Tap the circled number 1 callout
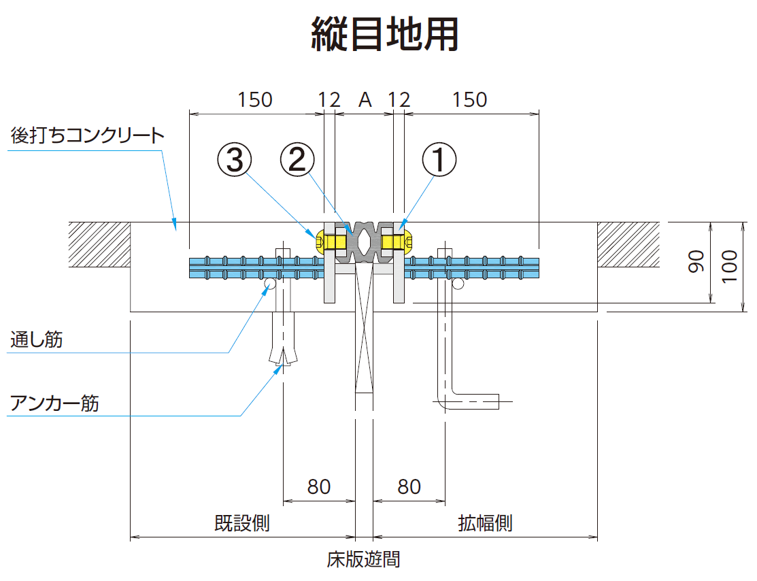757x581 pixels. point(439,160)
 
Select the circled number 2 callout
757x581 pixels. point(297,160)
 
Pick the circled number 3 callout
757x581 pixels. point(234,160)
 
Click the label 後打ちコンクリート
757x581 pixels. point(88,135)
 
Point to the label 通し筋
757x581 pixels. point(37,339)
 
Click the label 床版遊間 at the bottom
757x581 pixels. point(364,559)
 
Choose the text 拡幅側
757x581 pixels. point(485,523)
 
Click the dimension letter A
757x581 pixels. point(365,99)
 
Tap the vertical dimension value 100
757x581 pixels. point(730,266)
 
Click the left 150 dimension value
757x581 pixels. point(255,99)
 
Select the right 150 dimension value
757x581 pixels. point(470,99)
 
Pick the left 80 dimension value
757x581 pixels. point(319,486)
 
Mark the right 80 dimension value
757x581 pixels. point(409,486)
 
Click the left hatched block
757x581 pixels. point(99,244)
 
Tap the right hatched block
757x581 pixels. point(628,244)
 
